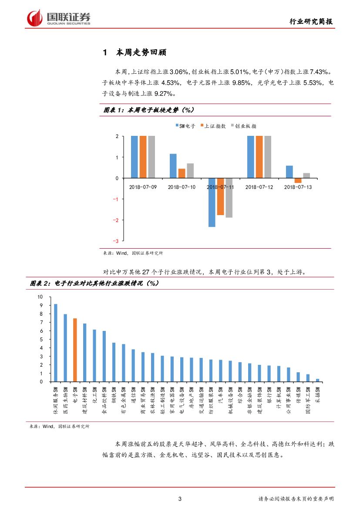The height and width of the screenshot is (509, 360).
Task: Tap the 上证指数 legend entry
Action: tap(213, 126)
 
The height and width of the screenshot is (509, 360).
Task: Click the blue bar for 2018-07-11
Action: tap(212, 202)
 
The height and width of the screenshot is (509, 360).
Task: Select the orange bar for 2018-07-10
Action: tap(182, 173)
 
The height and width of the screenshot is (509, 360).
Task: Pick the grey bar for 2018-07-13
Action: tap(306, 175)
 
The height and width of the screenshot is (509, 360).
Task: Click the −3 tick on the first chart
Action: tap(116, 241)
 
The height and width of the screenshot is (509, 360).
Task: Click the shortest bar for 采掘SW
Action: tap(317, 380)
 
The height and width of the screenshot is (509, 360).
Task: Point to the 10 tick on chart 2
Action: tap(40, 297)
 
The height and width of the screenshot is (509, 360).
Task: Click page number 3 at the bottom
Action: tap(180, 499)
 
